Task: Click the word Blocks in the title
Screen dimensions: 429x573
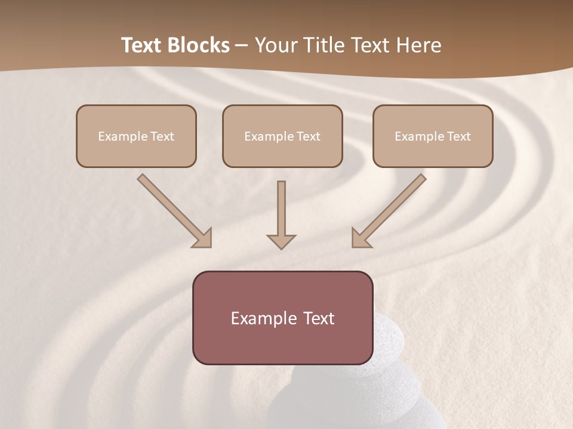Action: coord(199,45)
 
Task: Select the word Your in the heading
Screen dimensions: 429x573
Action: coord(275,45)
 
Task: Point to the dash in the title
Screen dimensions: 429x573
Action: coord(242,46)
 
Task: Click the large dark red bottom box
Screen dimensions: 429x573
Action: coord(282,346)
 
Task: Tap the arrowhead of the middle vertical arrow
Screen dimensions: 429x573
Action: coord(281,241)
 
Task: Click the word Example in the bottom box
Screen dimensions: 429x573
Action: coord(263,319)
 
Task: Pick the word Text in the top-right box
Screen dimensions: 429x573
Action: coord(458,136)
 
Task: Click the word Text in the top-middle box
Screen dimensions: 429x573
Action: coord(308,136)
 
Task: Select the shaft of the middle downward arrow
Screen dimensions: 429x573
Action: coord(281,206)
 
